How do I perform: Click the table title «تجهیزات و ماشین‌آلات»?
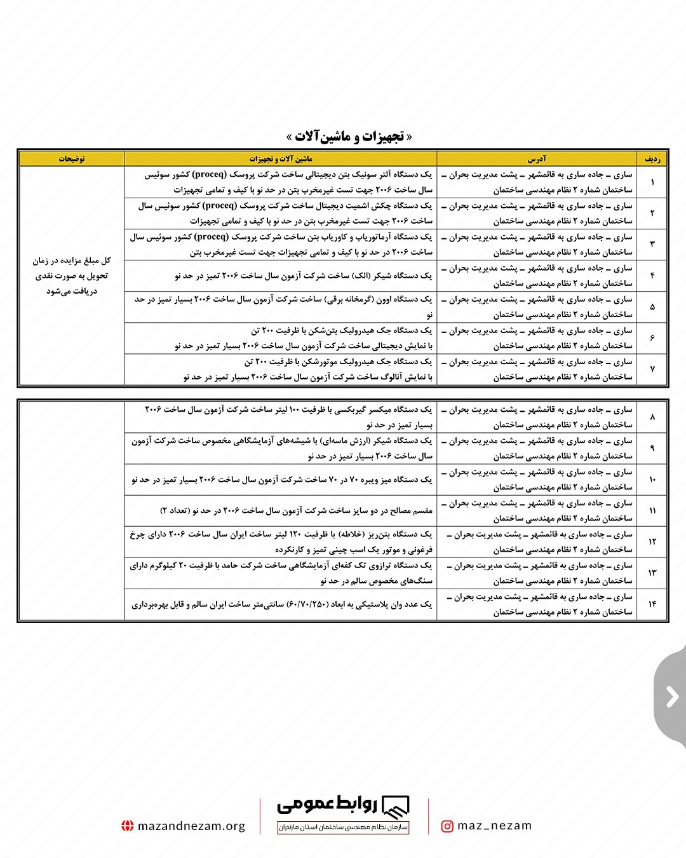349,137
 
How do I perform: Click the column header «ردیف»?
652,159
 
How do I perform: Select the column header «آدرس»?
536,159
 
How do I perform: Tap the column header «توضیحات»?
72,159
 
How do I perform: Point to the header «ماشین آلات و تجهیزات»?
280,159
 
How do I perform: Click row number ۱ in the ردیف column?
652,182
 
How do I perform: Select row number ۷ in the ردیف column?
652,369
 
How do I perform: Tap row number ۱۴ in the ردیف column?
652,604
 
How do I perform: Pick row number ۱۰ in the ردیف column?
652,480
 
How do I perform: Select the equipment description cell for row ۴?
280,276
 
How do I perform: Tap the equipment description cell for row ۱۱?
280,511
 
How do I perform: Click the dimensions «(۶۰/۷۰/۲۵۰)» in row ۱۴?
312,604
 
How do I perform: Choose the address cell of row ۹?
536,448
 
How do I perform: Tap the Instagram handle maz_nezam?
494,826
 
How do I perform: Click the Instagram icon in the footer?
447,826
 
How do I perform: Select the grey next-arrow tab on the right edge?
672,697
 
